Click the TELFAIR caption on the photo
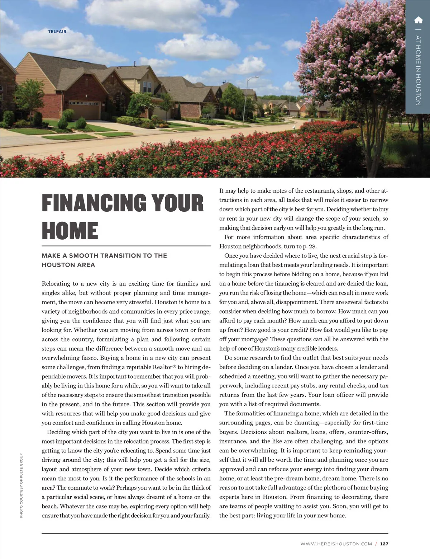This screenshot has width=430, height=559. (x=57, y=31)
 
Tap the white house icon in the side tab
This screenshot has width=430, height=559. (x=418, y=20)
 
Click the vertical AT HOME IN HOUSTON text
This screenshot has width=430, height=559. (x=418, y=70)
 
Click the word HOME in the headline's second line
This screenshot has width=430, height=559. (x=70, y=230)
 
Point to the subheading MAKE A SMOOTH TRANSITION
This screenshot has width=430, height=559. (x=104, y=256)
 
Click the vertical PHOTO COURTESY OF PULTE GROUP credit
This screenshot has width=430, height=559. (x=21, y=485)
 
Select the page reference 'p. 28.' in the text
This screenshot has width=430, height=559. (x=310, y=246)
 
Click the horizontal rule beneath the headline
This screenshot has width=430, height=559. (x=126, y=246)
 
